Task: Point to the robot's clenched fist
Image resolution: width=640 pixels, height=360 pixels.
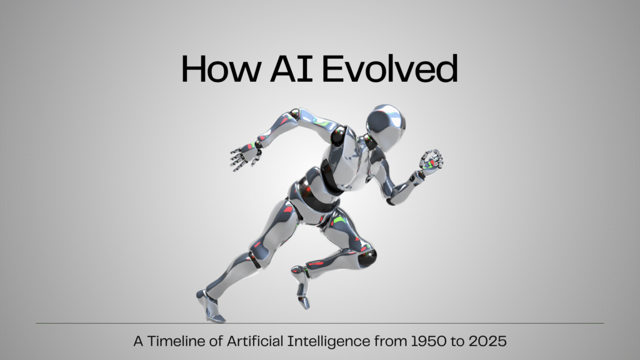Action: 431,161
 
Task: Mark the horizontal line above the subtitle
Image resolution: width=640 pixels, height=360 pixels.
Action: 320,323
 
